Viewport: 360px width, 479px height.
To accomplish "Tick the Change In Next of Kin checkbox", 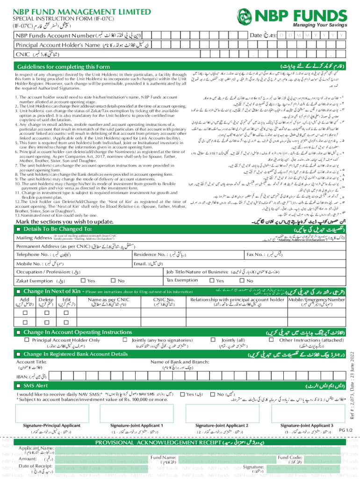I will click(18, 291).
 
